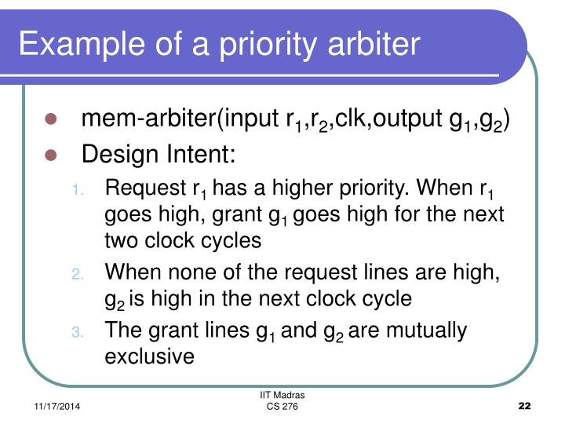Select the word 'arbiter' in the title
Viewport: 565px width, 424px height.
tap(375, 43)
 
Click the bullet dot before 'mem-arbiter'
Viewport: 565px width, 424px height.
tap(52, 119)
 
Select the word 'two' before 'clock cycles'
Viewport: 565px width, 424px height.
tap(120, 241)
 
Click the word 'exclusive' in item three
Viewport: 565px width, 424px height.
tap(149, 356)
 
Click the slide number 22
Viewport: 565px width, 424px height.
tap(525, 405)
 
